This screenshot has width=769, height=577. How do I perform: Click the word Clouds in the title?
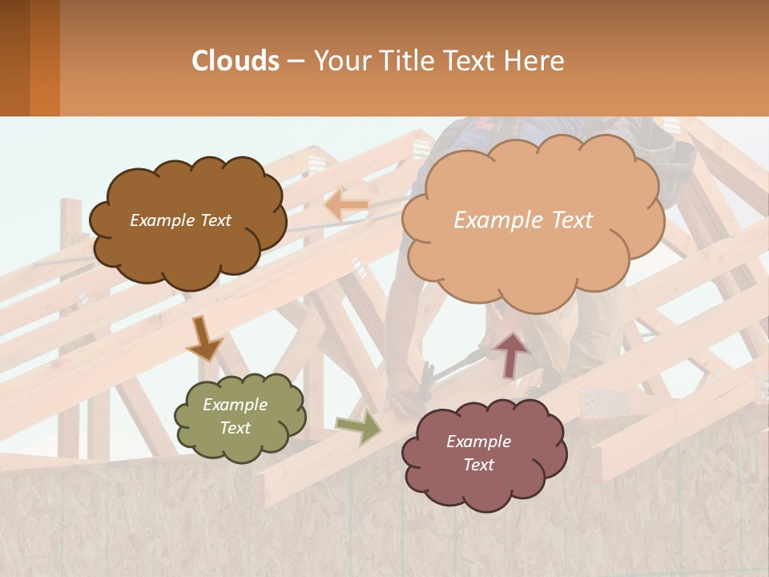click(236, 61)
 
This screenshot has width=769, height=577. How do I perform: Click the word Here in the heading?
click(536, 61)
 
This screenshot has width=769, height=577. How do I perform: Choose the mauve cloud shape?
click(484, 454)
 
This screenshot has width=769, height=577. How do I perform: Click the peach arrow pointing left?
click(345, 204)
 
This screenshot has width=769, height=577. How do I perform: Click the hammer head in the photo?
click(425, 372)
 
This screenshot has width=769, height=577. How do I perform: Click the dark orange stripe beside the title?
click(44, 58)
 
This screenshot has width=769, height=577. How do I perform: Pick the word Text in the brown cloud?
click(215, 220)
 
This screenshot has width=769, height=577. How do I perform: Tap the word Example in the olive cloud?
click(235, 405)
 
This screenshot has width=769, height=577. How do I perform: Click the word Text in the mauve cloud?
click(478, 465)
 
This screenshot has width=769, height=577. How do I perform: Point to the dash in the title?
click(296, 61)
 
